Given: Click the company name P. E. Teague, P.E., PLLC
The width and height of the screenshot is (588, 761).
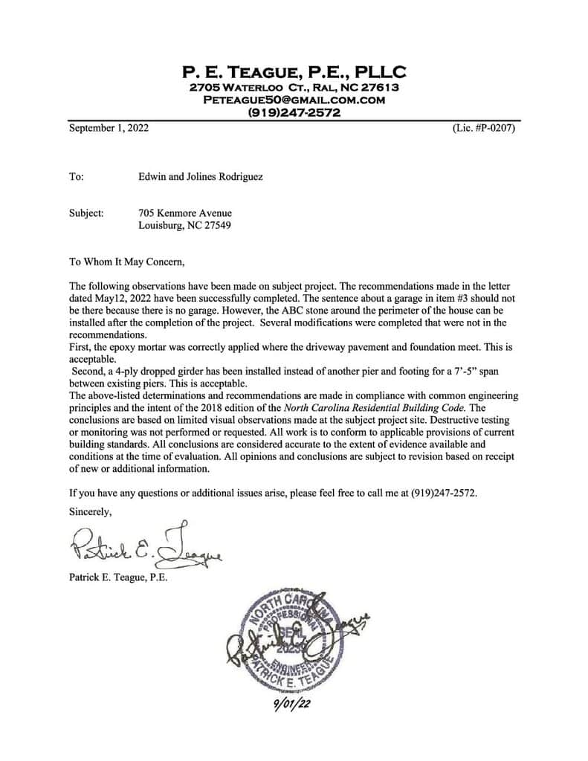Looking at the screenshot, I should pos(294,72).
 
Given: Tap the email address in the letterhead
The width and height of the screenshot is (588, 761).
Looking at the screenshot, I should pos(294,100).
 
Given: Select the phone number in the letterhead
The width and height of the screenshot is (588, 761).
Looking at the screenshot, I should pos(294,113).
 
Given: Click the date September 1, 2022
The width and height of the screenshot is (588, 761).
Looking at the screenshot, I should pos(109,128).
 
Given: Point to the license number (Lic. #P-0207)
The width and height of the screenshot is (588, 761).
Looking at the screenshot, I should pos(483,128).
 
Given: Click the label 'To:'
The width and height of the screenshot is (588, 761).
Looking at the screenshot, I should pos(77,177).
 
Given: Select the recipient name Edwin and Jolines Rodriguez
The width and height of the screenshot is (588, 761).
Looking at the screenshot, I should pos(201,177).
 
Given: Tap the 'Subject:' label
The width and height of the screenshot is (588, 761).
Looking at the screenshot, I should pos(86,213).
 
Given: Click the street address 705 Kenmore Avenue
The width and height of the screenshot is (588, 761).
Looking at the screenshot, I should pos(185,213).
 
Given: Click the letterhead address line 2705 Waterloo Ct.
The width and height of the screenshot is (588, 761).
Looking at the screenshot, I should pos(294,87).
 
